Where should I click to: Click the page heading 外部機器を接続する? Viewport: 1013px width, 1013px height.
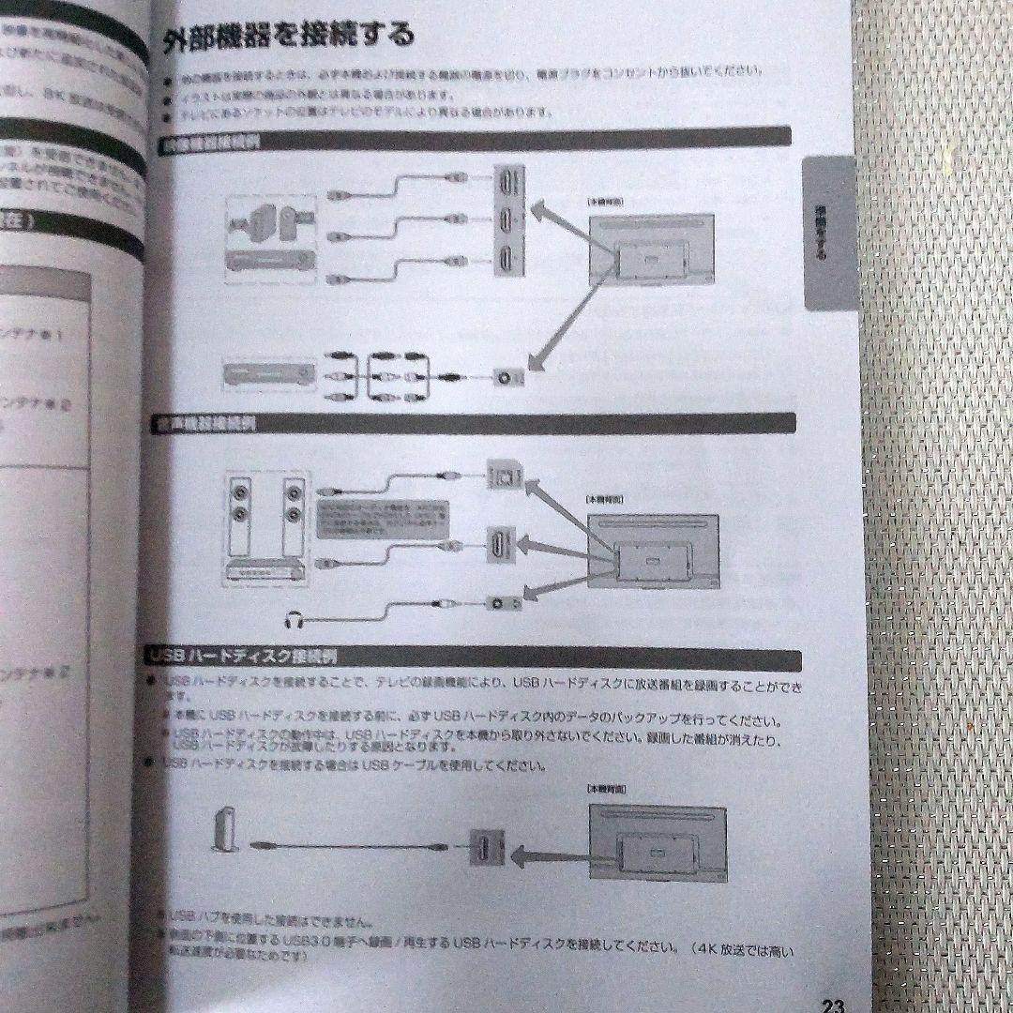(287, 38)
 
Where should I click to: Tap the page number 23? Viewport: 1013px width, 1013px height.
(832, 1005)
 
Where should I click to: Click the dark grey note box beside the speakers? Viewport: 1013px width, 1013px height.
(381, 519)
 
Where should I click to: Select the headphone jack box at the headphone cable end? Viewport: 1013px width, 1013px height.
(501, 602)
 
